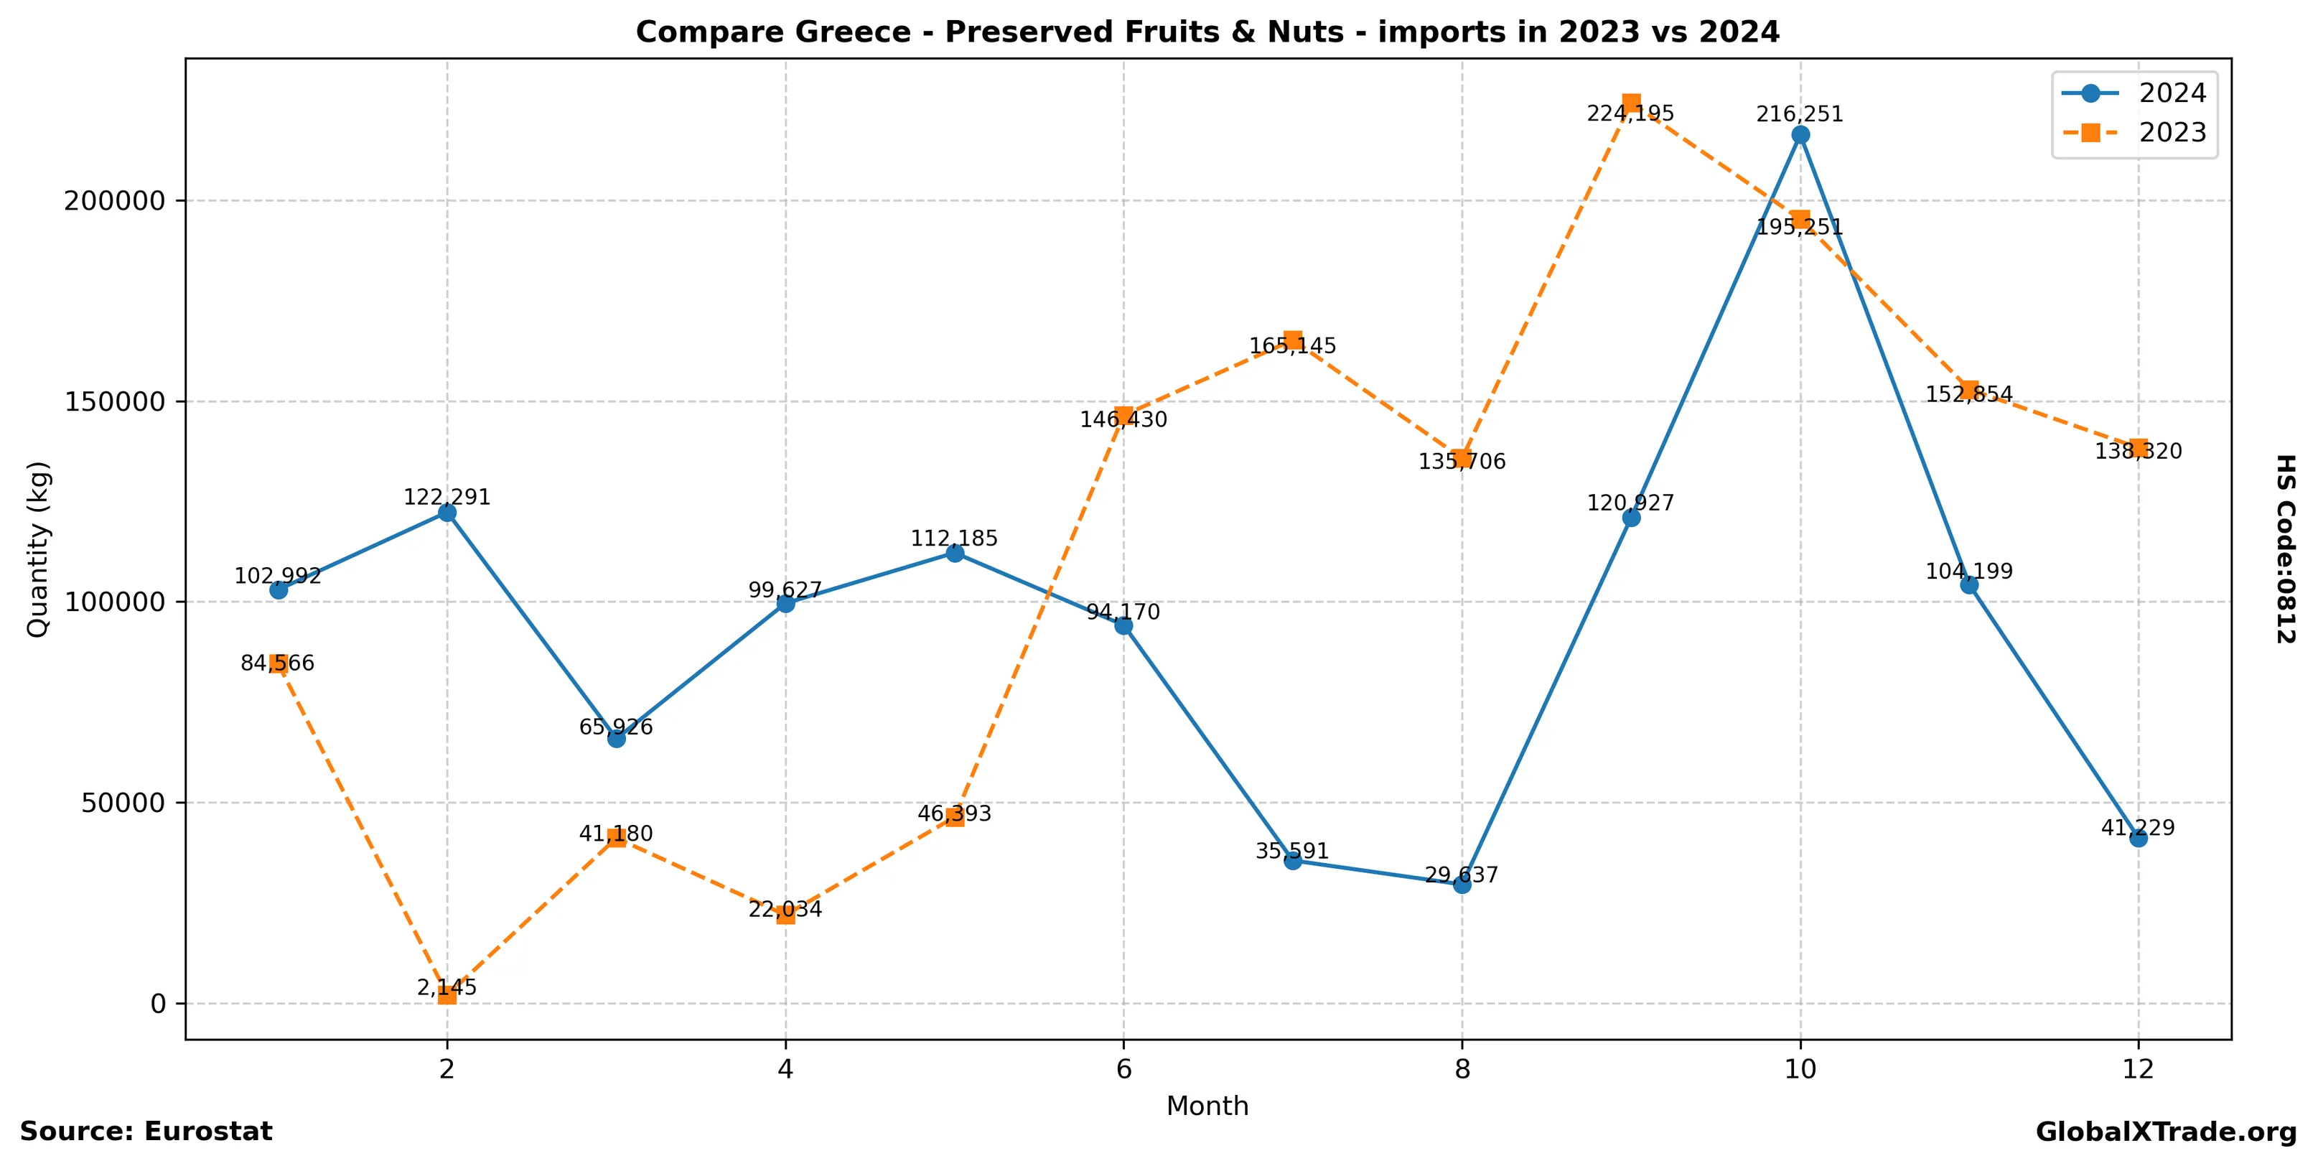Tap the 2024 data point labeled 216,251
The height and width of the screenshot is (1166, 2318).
[x=1800, y=135]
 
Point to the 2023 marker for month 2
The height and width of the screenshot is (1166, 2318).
[x=447, y=994]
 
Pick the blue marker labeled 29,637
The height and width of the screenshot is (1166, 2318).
[x=1462, y=885]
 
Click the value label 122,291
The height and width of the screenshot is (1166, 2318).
[x=447, y=498]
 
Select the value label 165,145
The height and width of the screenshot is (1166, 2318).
[x=1293, y=346]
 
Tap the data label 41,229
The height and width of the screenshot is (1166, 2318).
[x=2138, y=828]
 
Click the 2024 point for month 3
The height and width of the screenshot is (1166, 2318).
[x=617, y=739]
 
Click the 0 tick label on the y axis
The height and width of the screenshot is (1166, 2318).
[x=159, y=1003]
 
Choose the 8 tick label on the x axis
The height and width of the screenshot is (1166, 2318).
[x=1462, y=1069]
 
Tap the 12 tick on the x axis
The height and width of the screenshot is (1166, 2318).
[x=2138, y=1069]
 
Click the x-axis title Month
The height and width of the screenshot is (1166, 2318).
[x=1207, y=1106]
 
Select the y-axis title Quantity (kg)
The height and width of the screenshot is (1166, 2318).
[x=38, y=549]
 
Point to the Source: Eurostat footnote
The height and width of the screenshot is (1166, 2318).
[x=146, y=1131]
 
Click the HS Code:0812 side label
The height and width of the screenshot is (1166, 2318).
[x=2286, y=549]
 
